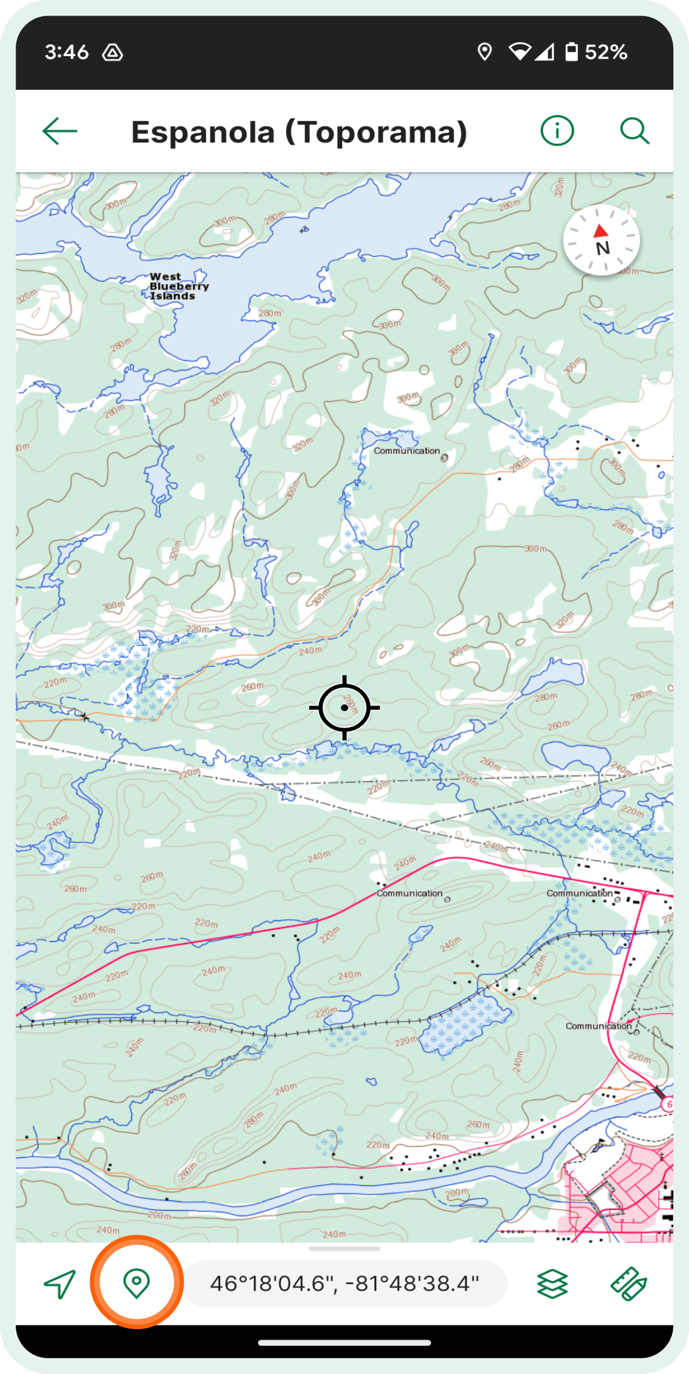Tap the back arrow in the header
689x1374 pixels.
click(60, 131)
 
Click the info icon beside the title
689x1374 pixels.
click(557, 131)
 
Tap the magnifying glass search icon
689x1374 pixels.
click(634, 131)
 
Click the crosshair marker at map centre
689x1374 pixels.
click(344, 707)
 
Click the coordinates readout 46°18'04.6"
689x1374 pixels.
click(345, 1283)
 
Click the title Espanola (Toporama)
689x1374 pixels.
click(299, 132)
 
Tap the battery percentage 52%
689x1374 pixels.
click(606, 52)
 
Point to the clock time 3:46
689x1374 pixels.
click(66, 52)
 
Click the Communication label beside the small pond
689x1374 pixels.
click(407, 450)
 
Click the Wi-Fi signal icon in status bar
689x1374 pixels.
click(519, 52)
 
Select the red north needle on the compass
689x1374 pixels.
click(601, 231)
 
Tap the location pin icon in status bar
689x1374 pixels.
click(484, 52)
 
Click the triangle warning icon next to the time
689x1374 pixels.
click(113, 53)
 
